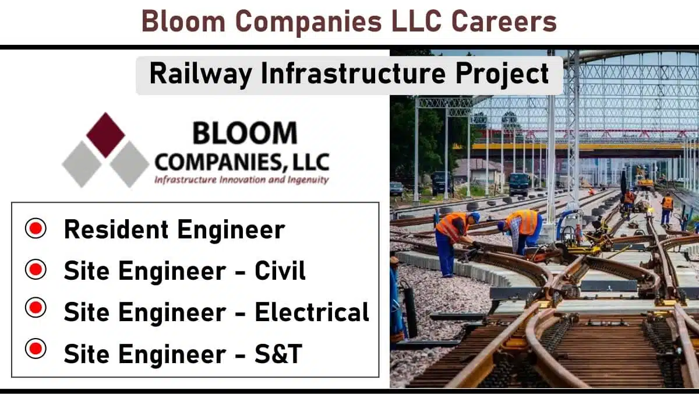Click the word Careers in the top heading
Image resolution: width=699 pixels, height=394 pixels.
coord(504,21)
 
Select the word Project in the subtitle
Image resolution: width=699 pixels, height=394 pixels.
coord(502,74)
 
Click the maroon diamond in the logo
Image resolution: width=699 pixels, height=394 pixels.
coord(105,135)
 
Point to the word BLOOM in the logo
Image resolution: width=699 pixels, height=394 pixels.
coord(245,133)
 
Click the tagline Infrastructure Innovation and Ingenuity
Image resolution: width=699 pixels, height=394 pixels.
coord(242,180)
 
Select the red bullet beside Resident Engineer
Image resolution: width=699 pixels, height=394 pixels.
coord(36,228)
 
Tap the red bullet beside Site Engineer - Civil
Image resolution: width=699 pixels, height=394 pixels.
coord(36,269)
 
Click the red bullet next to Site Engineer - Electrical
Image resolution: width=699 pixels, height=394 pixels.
coord(36,308)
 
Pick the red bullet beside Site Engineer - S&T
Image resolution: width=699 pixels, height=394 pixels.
coord(36,349)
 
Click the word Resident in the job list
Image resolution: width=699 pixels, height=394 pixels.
coord(116,230)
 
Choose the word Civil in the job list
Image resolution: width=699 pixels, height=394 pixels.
coord(280,270)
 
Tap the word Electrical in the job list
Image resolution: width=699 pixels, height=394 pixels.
coord(312,312)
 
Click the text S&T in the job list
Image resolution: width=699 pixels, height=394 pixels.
coord(278,353)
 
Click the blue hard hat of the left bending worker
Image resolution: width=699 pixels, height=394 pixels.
coord(475,217)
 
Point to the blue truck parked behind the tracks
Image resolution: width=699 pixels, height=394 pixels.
coord(519,184)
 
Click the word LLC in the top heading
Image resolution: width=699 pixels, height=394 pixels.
coord(416,21)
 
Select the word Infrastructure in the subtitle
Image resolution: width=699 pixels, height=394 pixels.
coord(354,73)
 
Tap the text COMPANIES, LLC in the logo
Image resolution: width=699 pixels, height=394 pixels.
coord(242,163)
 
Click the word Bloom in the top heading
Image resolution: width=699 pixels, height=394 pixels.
coord(183,21)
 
